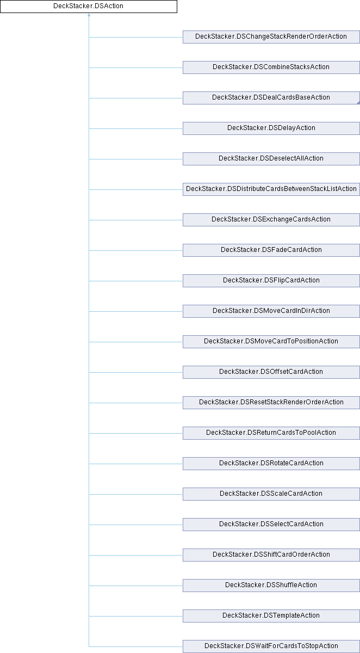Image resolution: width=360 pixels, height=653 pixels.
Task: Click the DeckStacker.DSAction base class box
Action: tap(89, 7)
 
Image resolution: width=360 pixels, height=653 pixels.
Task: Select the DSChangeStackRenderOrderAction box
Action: tap(271, 37)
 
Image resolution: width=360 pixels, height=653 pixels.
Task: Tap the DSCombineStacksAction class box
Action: tap(271, 67)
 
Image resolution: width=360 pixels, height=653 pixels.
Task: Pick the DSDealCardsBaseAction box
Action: tap(271, 98)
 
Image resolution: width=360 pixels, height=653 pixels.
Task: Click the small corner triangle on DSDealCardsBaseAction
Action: tap(358, 103)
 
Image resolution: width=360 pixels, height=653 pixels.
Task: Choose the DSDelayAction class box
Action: tap(271, 128)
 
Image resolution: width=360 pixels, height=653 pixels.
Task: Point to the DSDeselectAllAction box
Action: tap(271, 159)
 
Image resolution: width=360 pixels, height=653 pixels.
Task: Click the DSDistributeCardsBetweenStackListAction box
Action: tap(271, 189)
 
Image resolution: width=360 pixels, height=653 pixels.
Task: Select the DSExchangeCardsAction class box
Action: tap(271, 220)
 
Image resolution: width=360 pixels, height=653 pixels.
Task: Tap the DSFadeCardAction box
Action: tap(271, 250)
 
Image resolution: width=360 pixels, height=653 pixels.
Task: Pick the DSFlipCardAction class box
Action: tap(271, 281)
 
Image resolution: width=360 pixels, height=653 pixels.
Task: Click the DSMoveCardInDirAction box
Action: tap(271, 311)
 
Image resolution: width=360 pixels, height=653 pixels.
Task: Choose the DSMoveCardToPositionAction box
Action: tap(271, 342)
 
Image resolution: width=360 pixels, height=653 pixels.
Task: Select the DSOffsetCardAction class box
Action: tap(271, 372)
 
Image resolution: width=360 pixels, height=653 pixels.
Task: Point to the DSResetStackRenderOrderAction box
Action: tap(271, 403)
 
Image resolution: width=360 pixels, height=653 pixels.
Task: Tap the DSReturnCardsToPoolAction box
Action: tap(271, 433)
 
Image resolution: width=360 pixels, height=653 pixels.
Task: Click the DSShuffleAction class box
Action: tap(271, 586)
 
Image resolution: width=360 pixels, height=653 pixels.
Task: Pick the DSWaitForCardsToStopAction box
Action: tap(271, 646)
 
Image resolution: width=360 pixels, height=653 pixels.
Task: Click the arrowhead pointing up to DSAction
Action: tap(89, 15)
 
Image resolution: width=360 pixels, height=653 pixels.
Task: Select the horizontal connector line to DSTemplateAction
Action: tap(136, 616)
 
